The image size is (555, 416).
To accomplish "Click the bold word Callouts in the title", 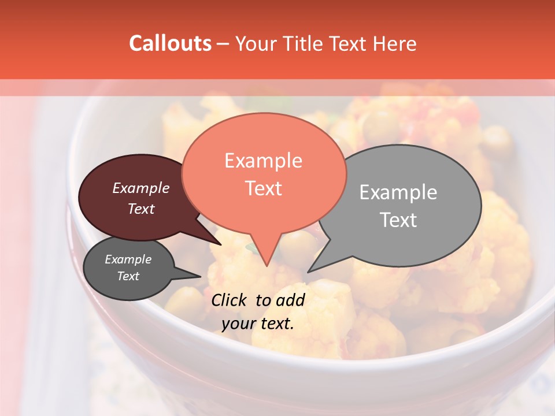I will pos(170,43).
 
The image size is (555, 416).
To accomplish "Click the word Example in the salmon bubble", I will pos(263,161).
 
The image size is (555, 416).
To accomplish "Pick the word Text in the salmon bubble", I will pos(263,188).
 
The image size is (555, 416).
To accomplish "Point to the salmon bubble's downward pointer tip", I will pos(266,266).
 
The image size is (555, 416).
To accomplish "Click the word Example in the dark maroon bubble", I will pos(140,188).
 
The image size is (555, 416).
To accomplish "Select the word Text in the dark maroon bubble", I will pos(140,209).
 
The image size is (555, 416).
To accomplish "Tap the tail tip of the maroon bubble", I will pos(220,244).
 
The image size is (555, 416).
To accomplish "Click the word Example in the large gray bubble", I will pos(398,192).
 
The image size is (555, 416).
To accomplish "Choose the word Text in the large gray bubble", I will pos(398,220).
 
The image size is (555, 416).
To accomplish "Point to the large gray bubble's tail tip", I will pos(308,272).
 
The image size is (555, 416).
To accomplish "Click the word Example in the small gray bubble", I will pos(128,259).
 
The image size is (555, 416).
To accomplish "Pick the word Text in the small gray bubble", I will pos(128,276).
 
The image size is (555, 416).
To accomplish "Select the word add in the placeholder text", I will pos(290,300).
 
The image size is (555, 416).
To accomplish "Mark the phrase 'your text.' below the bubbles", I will pos(258,324).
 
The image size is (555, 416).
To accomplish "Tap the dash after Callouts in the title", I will pos(224,44).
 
